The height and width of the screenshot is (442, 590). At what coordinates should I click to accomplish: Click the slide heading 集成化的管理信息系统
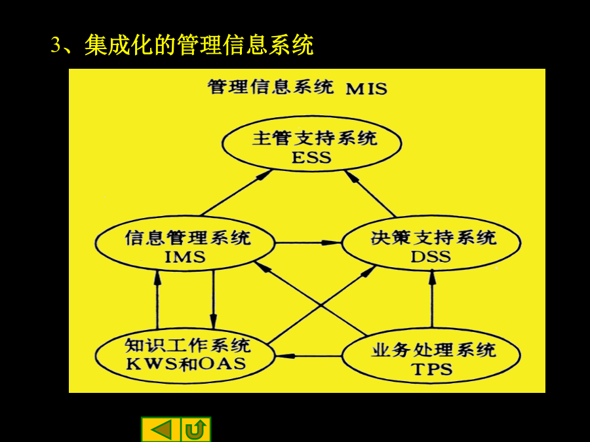tap(199, 45)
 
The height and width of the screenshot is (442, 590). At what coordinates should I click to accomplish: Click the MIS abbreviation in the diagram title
tap(366, 89)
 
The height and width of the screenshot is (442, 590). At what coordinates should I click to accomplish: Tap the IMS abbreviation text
tap(185, 257)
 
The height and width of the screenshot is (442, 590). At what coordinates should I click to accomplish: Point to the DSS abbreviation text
tap(431, 257)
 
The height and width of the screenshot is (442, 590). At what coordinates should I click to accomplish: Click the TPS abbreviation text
tap(432, 369)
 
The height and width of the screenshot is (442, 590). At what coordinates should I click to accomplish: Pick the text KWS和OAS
tap(186, 364)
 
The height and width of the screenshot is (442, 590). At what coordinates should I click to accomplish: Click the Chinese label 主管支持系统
tap(315, 138)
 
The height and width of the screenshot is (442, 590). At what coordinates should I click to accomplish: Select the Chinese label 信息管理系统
tap(187, 238)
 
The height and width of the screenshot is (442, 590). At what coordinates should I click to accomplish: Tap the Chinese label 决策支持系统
tap(433, 238)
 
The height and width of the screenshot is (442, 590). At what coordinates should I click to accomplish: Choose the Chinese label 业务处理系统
tap(433, 350)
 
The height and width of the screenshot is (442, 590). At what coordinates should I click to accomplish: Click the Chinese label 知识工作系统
tap(187, 345)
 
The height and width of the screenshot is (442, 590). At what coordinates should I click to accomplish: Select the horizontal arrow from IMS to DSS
tap(308, 243)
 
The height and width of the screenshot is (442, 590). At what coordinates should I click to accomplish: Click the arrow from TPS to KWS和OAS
tap(308, 356)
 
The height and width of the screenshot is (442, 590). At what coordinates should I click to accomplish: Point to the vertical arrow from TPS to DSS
tap(432, 299)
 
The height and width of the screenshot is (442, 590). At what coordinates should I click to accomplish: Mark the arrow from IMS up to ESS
tap(236, 193)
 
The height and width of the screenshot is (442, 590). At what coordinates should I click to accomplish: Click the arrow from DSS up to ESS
tap(370, 193)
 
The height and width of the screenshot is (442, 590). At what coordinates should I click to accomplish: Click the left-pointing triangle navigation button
tap(161, 429)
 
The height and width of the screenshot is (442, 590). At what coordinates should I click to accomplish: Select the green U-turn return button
tap(196, 429)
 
